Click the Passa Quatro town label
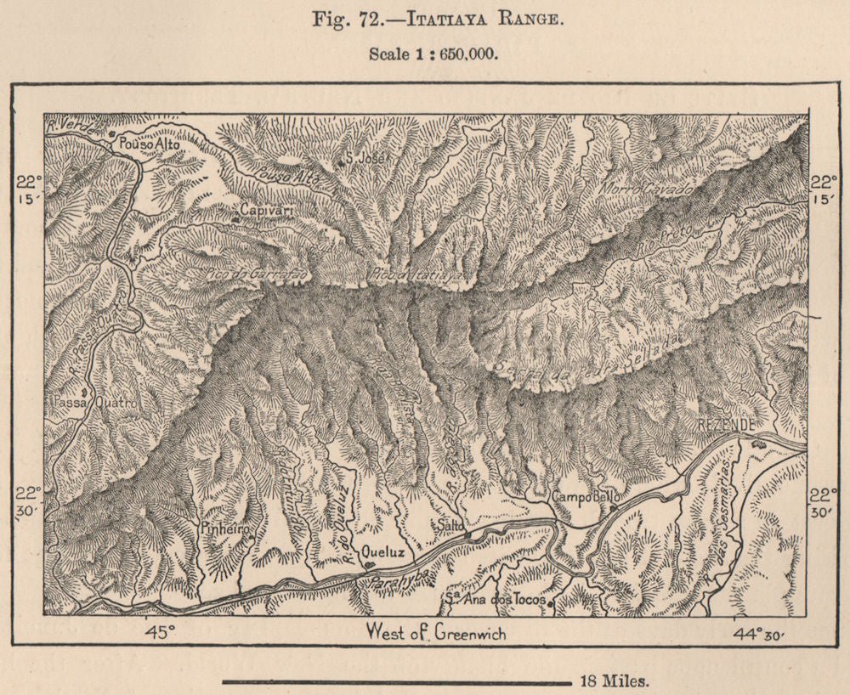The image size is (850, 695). (93, 403)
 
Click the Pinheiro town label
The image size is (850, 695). (224, 528)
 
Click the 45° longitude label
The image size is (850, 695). (159, 631)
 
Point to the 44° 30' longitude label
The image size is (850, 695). (760, 632)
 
